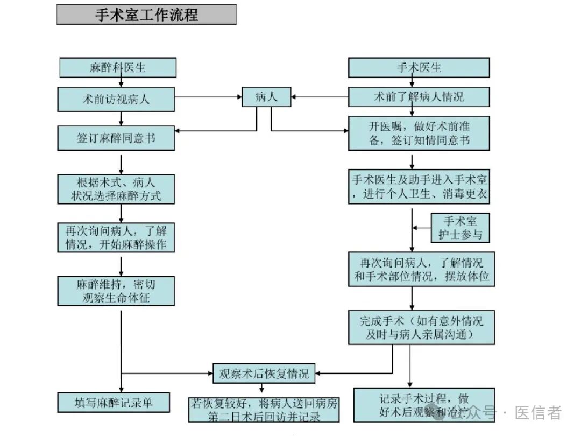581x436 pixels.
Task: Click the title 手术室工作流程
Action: click(146, 15)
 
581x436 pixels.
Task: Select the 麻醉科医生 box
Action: click(117, 67)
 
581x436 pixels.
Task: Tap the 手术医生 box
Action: click(419, 67)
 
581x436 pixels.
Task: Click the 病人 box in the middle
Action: click(266, 97)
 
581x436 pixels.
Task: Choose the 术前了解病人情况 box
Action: click(419, 97)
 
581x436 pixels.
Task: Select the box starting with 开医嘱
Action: click(419, 133)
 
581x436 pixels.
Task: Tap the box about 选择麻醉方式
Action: click(116, 188)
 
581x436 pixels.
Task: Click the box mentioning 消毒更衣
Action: click(419, 187)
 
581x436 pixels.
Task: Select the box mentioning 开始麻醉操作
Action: click(116, 237)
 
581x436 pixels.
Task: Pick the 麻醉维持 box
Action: click(116, 291)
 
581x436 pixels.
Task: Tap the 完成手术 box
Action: click(421, 327)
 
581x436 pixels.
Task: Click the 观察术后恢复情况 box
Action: click(264, 374)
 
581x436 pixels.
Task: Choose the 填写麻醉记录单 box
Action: click(114, 402)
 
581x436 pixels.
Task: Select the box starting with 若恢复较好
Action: click(264, 410)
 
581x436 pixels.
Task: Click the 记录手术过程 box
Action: click(424, 404)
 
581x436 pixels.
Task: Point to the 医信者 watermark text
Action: click(538, 413)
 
